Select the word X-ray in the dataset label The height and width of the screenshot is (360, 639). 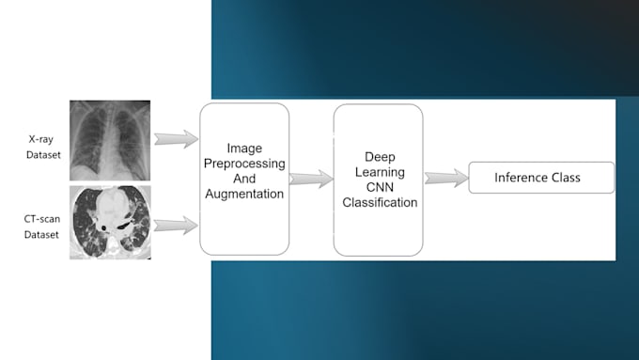pyautogui.click(x=40, y=138)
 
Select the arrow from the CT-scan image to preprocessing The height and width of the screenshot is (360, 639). pyautogui.click(x=176, y=224)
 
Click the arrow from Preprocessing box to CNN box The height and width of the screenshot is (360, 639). pyautogui.click(x=311, y=178)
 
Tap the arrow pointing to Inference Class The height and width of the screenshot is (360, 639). pyautogui.click(x=445, y=178)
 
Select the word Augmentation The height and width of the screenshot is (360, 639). pyautogui.click(x=243, y=194)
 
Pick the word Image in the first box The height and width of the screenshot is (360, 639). pyautogui.click(x=243, y=149)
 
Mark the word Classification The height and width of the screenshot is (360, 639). pyautogui.click(x=377, y=201)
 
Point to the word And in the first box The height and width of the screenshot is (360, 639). pyautogui.click(x=243, y=179)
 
